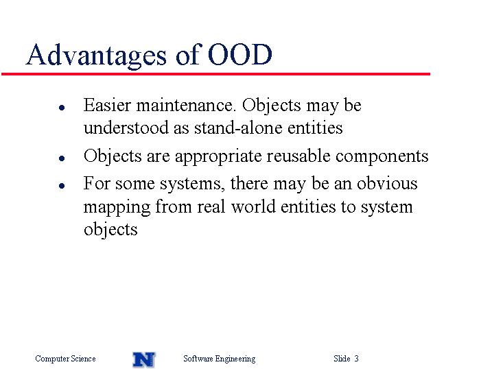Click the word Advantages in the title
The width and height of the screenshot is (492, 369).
pyautogui.click(x=96, y=55)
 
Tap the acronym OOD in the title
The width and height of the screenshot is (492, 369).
pyautogui.click(x=239, y=54)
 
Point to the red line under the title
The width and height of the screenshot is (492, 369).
pyautogui.click(x=215, y=74)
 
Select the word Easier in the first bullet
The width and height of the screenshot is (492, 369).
pyautogui.click(x=106, y=105)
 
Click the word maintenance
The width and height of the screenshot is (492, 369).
pyautogui.click(x=185, y=105)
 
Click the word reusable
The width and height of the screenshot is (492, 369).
pyautogui.click(x=298, y=156)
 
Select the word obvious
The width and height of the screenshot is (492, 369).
pyautogui.click(x=387, y=183)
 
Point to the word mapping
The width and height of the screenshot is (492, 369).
pyautogui.click(x=117, y=208)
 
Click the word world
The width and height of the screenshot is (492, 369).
pyautogui.click(x=253, y=206)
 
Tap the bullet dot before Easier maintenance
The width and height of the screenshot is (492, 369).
pyautogui.click(x=62, y=108)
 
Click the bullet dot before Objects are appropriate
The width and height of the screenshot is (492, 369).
pyautogui.click(x=62, y=158)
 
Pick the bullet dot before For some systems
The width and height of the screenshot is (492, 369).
pyautogui.click(x=62, y=186)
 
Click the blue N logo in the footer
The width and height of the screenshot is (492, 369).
pyautogui.click(x=144, y=359)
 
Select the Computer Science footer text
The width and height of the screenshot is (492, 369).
pyautogui.click(x=65, y=358)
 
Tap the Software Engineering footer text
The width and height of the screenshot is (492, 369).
pyautogui.click(x=220, y=359)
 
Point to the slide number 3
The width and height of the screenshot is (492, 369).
pyautogui.click(x=356, y=358)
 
